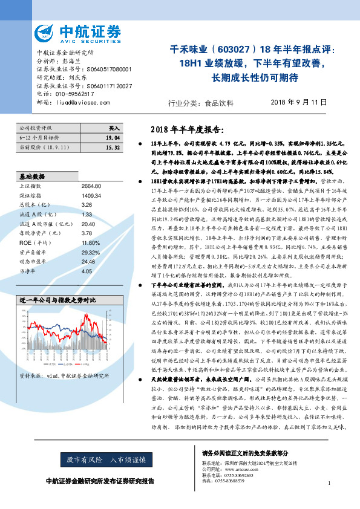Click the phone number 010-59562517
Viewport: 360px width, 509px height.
tap(73, 94)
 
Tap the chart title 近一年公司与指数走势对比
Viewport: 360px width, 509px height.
tap(57, 316)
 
